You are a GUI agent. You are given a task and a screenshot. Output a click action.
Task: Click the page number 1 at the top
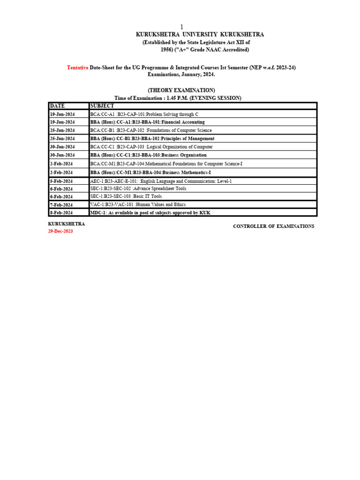(182, 27)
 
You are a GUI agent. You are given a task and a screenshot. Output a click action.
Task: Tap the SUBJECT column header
(102, 106)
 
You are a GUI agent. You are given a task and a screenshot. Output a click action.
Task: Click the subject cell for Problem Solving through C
(141, 114)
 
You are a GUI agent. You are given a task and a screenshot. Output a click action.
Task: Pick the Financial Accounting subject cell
(147, 122)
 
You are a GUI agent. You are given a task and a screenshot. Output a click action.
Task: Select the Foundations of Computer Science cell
(150, 130)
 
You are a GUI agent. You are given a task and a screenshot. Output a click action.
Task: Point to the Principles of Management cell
(152, 139)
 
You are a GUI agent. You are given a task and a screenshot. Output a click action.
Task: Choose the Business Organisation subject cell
(148, 155)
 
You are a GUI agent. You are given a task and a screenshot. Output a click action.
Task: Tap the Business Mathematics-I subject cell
(150, 172)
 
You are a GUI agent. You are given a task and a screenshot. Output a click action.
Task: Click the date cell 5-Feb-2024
(61, 181)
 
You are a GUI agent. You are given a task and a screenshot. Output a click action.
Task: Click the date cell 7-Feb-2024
(61, 205)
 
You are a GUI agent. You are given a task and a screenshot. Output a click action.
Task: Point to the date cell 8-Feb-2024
(61, 213)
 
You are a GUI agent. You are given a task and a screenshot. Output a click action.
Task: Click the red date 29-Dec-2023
(60, 232)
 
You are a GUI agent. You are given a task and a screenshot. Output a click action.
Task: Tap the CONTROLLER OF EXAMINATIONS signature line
(273, 226)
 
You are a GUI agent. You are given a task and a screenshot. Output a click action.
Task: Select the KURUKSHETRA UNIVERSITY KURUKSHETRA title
(200, 35)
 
